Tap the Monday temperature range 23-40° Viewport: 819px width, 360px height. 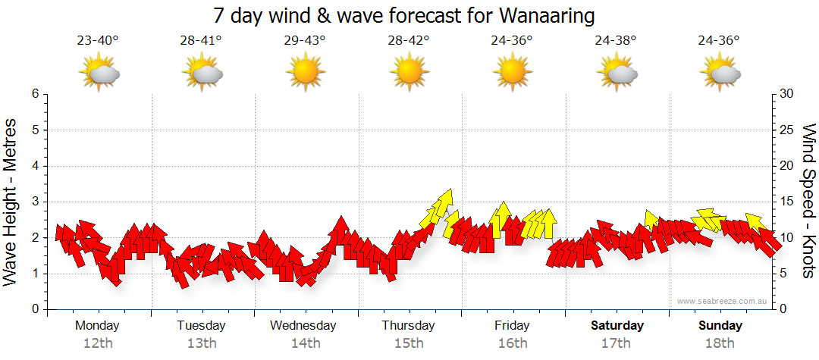[98, 41]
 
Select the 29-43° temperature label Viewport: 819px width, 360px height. [305, 41]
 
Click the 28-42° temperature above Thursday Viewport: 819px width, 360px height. [409, 41]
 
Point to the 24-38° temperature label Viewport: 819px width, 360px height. [615, 41]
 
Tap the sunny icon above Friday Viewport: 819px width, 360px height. [512, 73]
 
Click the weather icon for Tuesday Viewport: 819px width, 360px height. [202, 73]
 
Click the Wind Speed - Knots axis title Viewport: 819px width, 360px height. [808, 201]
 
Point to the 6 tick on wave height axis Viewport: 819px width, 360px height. [35, 94]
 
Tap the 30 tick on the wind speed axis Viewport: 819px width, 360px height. [787, 94]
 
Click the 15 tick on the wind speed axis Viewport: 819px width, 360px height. [787, 202]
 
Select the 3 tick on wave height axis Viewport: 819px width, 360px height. [35, 202]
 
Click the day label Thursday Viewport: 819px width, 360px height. [408, 326]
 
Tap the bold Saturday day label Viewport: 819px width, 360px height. [617, 326]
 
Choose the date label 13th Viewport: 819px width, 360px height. [202, 343]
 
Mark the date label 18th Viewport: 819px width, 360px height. [720, 343]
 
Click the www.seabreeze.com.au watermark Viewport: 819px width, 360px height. [723, 301]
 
